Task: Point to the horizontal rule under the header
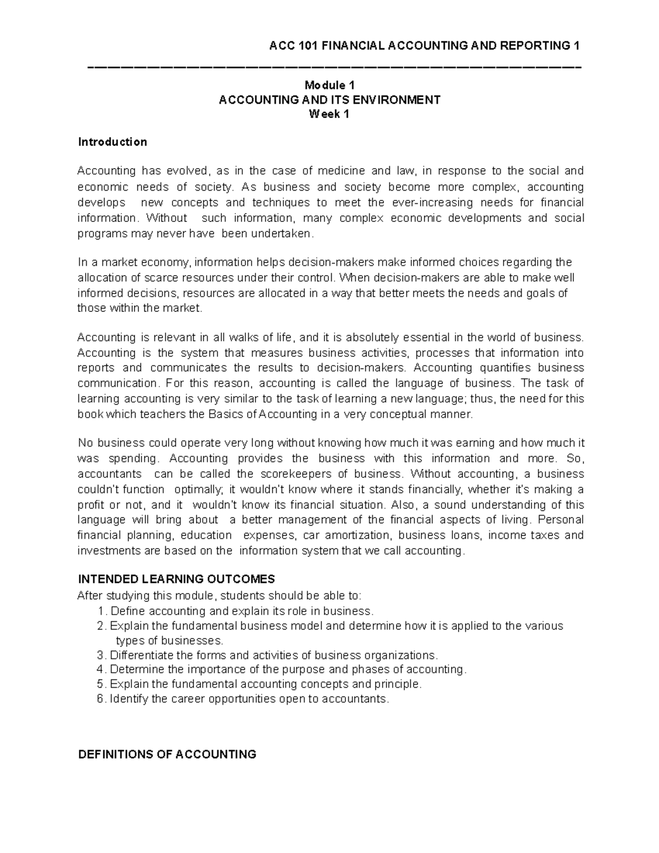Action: tap(334, 67)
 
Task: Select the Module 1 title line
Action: tap(329, 85)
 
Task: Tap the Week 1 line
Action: tap(329, 114)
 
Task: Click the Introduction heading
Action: tap(112, 142)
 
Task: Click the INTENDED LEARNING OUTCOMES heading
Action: tap(176, 579)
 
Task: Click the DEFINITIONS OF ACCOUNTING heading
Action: tap(167, 754)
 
